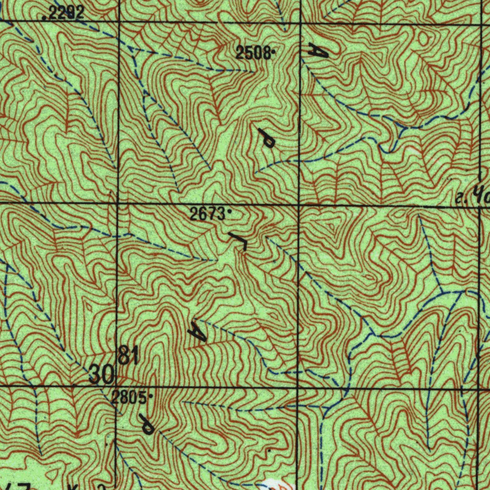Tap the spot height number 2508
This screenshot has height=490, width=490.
click(253, 53)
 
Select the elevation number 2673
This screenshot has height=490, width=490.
click(207, 214)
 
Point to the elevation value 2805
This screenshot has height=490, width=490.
click(129, 397)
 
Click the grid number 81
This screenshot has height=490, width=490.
click(128, 356)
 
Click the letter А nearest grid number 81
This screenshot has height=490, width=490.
click(197, 331)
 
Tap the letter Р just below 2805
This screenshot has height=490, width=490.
click(146, 424)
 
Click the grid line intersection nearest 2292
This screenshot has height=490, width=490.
click(118, 22)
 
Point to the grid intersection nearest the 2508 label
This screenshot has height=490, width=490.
click(300, 23)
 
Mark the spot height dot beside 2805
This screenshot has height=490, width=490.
click(151, 396)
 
